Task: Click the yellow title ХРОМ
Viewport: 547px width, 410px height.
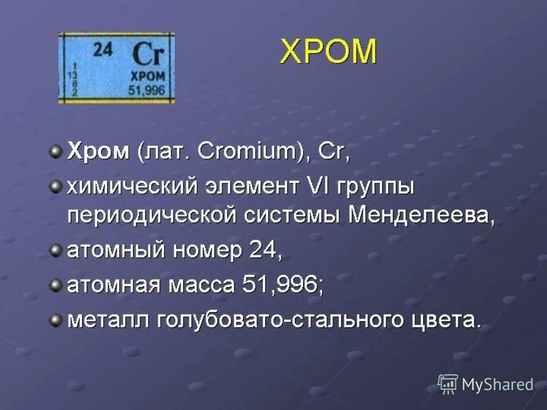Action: (x=328, y=53)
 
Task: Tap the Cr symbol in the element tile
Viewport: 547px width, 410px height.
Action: (x=148, y=55)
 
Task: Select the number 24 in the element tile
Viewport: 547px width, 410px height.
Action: (x=103, y=50)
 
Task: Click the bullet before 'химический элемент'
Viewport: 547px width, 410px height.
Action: (x=55, y=187)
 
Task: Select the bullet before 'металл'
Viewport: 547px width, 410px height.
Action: (x=55, y=320)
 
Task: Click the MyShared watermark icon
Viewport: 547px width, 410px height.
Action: (x=448, y=384)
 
